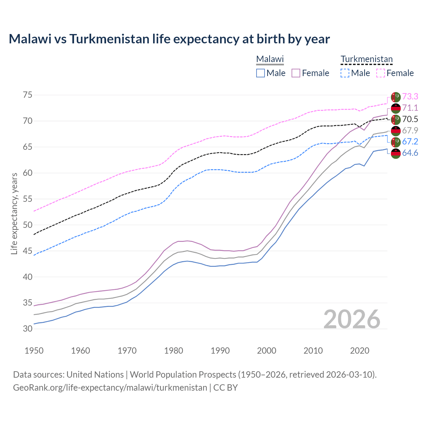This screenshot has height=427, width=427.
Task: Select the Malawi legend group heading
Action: point(270,59)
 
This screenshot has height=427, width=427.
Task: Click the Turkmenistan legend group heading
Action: point(367,59)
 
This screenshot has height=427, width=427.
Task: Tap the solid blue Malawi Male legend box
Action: point(261,73)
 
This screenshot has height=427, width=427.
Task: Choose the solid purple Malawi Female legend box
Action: point(296,73)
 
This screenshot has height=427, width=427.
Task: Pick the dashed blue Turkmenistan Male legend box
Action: point(345,73)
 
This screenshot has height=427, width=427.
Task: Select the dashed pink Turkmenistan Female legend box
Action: point(381,73)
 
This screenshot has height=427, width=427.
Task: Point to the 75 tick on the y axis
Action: point(28,95)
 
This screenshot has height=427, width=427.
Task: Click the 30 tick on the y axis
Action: point(28,329)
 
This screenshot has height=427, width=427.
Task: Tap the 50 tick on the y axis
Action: point(28,225)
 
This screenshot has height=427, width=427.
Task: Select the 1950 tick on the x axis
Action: point(34,351)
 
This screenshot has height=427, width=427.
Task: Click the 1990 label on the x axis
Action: point(220,351)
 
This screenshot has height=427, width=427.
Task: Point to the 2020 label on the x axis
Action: point(360,351)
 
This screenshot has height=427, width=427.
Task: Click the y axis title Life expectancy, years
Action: point(14,213)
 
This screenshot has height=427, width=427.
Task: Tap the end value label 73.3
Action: point(410,96)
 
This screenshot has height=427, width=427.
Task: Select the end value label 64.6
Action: point(410,153)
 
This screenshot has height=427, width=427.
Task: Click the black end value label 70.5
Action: point(410,119)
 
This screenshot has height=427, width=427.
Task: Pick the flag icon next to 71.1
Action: point(396,108)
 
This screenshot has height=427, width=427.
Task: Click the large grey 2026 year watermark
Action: point(352,319)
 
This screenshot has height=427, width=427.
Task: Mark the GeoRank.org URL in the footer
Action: point(110,388)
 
